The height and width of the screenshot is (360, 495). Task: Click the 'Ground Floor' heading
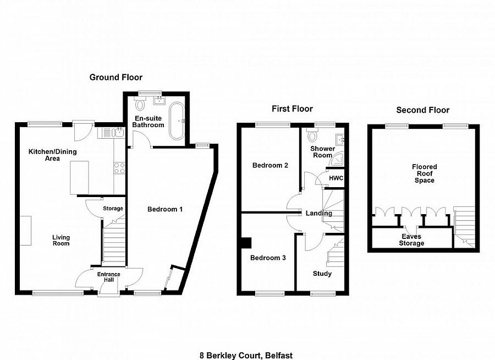coord(116,78)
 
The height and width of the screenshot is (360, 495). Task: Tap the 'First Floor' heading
coord(292,109)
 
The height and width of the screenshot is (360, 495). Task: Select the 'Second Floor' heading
coord(422,110)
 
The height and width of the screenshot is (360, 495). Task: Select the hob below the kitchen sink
coord(119,168)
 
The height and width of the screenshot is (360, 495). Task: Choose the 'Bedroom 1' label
coord(165,209)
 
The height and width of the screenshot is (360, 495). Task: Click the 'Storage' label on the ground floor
coord(113,209)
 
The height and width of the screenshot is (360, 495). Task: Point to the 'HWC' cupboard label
coord(335,178)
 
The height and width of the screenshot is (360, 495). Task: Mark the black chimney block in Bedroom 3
coord(246,243)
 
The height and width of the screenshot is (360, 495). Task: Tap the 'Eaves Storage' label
coord(411,239)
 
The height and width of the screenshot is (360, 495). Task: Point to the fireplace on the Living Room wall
coord(26,227)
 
